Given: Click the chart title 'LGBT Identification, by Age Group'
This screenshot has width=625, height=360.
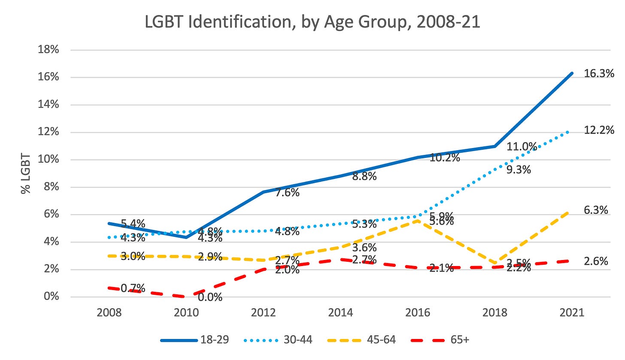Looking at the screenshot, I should pos(312,22).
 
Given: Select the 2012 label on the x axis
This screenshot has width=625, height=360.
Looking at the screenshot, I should pos(263,313).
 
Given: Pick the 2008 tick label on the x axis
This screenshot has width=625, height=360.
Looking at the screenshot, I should pos(109,313).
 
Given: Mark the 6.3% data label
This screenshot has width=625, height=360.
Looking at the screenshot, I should pos(596,210).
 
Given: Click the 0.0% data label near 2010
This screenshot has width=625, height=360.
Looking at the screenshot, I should pos(210,297).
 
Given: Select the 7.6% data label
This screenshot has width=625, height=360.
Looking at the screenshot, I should pos(287,193).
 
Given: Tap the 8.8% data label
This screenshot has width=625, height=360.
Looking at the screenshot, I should pos(364,176).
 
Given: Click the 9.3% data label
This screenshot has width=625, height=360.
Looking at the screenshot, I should pos(519,170).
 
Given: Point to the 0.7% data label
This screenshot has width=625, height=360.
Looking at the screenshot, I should pos(133,289).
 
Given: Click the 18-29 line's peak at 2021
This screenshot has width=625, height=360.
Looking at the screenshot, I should pos(572,73).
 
